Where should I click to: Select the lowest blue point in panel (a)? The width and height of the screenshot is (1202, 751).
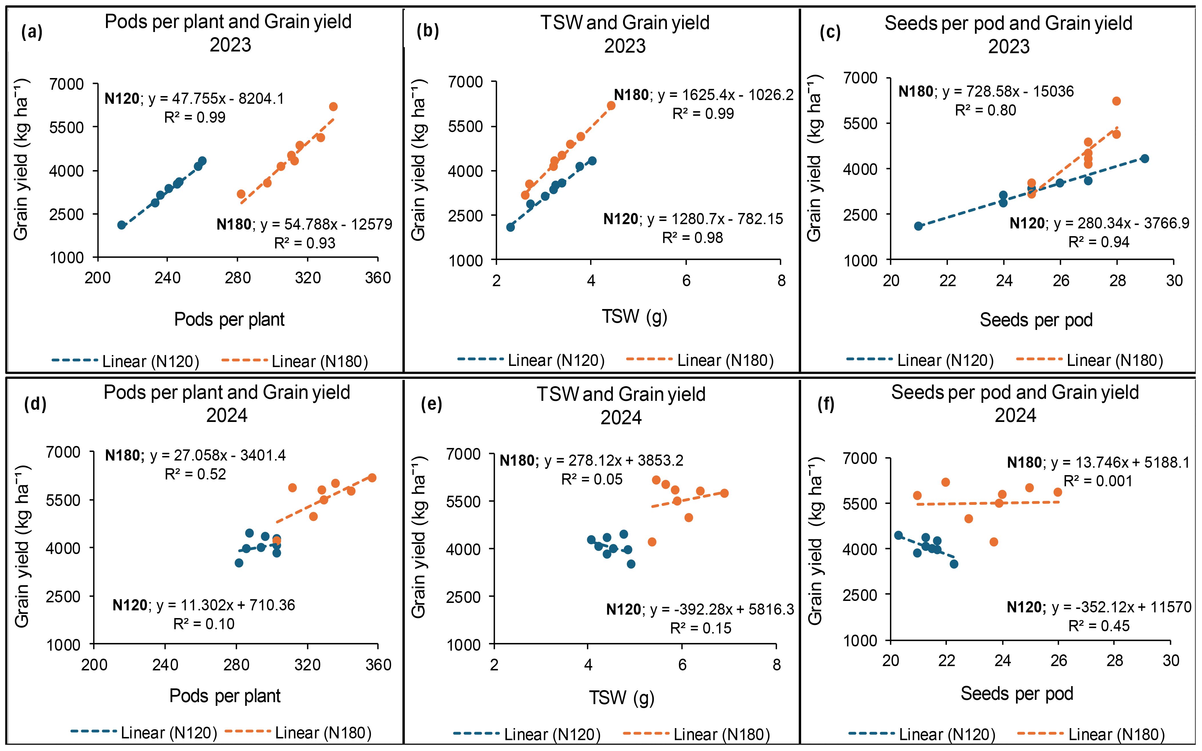pos(122,225)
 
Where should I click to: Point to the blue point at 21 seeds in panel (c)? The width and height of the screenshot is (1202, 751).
pos(918,226)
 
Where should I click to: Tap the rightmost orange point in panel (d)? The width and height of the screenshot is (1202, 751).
pos(372,478)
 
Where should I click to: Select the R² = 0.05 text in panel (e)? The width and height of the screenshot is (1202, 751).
pos(591,479)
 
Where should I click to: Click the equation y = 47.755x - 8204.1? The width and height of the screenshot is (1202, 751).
pos(216,99)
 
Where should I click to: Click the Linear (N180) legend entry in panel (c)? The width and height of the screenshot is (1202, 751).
pos(1089,360)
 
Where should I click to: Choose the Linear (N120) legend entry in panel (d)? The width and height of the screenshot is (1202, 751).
pos(144,733)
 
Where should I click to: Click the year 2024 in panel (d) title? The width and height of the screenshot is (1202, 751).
pos(227,415)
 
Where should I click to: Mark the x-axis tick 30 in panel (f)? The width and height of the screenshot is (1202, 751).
pos(1171,661)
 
